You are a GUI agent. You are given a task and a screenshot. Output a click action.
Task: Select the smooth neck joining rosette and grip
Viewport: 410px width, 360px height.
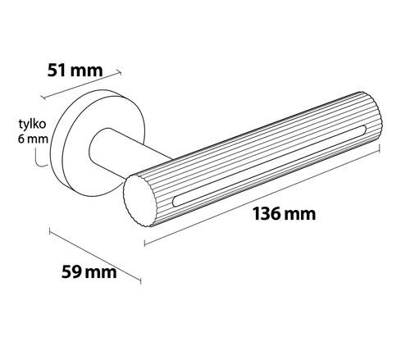pyautogui.click(x=115, y=156)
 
